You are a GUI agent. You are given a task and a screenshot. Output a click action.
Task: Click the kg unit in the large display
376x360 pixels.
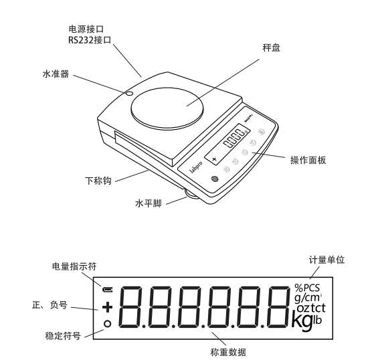[x=303, y=321]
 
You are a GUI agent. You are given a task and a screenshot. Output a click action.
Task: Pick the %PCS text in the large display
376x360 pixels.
[x=308, y=288]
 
